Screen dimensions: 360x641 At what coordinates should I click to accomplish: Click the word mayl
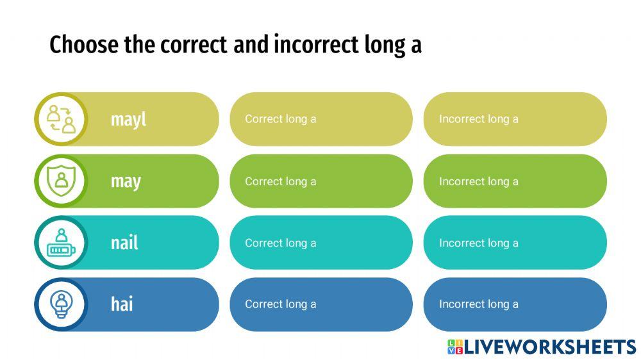pyautogui.click(x=128, y=119)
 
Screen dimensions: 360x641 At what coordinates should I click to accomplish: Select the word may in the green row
pyautogui.click(x=126, y=181)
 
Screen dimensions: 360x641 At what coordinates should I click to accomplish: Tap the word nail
pyautogui.click(x=124, y=243)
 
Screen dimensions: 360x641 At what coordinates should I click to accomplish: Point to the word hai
pyautogui.click(x=122, y=304)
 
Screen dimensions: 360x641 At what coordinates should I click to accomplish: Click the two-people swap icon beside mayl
pyautogui.click(x=61, y=119)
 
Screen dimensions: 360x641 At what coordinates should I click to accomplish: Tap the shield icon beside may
pyautogui.click(x=61, y=181)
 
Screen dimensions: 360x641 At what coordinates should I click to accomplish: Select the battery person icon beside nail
pyautogui.click(x=61, y=243)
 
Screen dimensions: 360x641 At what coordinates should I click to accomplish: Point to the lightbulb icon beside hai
pyautogui.click(x=61, y=304)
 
